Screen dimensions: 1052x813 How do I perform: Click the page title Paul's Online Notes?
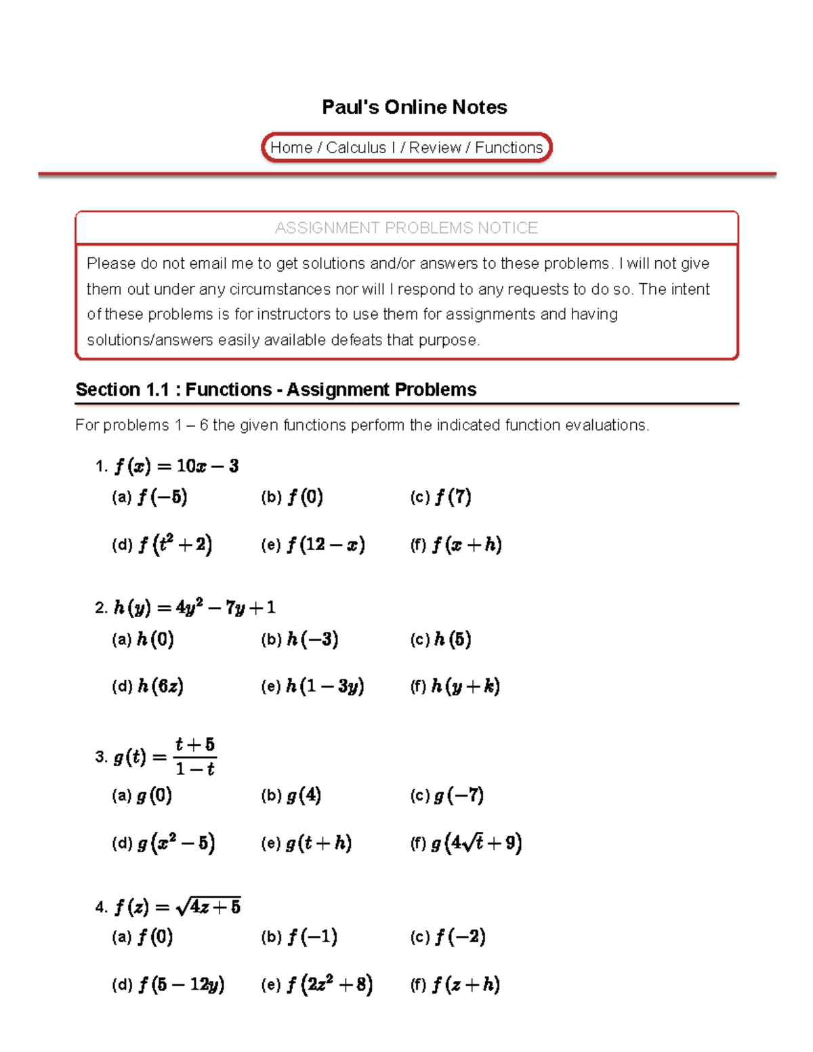[414, 107]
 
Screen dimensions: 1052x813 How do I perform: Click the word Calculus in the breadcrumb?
[356, 148]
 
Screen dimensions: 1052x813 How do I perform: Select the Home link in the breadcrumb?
[291, 148]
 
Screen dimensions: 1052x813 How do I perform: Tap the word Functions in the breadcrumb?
[509, 148]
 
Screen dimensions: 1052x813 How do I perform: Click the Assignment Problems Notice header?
[406, 228]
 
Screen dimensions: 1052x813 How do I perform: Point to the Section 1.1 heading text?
[276, 390]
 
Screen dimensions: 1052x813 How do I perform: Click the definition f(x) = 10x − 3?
[176, 466]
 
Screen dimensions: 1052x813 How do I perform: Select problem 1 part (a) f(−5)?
[162, 497]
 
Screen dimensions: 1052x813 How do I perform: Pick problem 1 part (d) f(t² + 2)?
[175, 545]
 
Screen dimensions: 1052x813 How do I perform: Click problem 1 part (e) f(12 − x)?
[325, 545]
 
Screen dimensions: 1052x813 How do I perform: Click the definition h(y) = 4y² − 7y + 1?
[194, 608]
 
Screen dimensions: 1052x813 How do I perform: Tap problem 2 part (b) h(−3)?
[312, 639]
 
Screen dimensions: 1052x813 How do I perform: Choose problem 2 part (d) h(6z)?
[160, 686]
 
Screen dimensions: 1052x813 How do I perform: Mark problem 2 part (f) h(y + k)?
[465, 686]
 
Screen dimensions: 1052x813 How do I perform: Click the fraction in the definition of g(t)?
[195, 757]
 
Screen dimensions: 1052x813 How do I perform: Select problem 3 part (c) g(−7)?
[458, 795]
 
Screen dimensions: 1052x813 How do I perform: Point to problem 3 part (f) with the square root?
[476, 843]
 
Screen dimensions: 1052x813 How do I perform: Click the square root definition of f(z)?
[207, 906]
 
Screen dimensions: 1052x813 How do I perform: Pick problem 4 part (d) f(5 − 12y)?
[181, 984]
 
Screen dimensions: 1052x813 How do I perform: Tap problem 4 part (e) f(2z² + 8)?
[329, 984]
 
